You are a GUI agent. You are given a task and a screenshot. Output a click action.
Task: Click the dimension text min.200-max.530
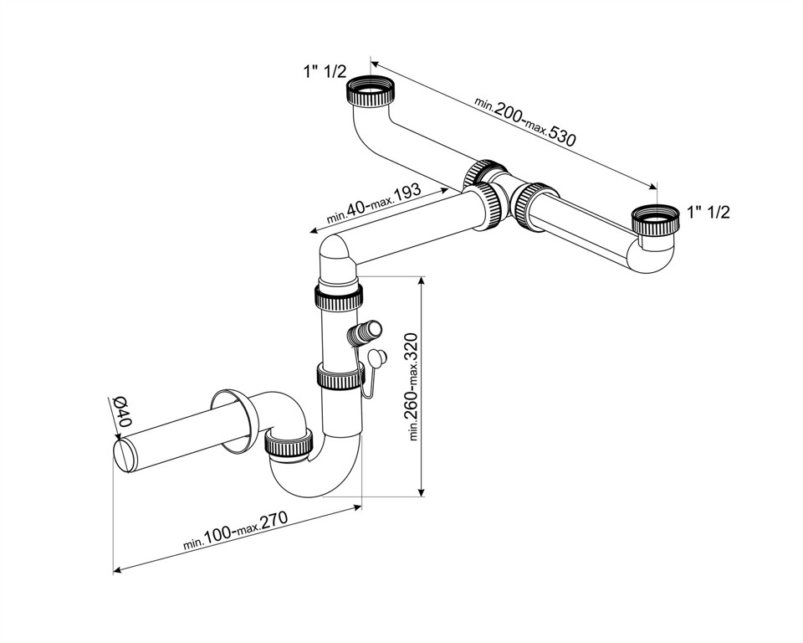525,121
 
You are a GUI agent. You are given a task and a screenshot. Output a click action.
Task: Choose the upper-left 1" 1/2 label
325,72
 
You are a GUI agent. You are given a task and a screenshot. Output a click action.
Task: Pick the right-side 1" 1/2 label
708,213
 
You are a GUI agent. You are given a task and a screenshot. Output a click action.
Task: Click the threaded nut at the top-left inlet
370,90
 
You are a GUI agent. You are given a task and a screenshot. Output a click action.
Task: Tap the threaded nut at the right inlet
654,220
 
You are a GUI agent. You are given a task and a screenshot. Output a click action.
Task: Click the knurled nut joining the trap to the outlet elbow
289,441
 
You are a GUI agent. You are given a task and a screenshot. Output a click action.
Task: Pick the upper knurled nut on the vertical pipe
340,296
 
